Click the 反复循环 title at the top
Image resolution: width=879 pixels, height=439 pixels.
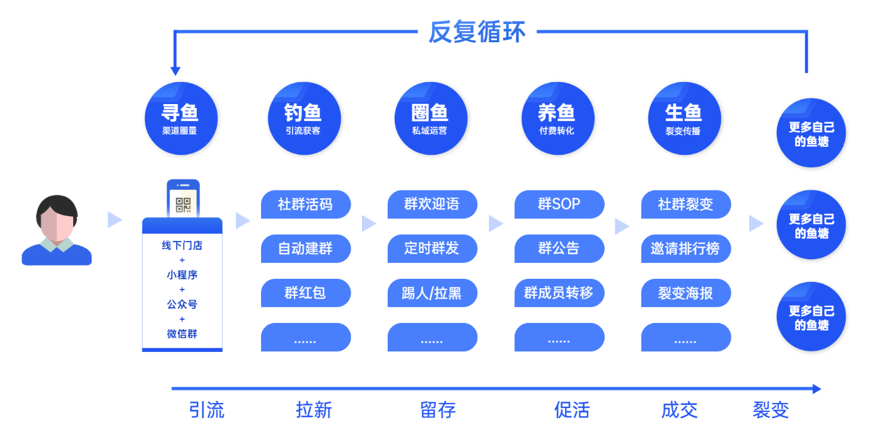click(477, 32)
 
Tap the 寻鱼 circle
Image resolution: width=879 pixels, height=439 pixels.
click(181, 119)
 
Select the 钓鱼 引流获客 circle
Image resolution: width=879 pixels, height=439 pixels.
click(304, 119)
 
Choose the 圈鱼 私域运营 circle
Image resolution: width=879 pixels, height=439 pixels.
click(431, 119)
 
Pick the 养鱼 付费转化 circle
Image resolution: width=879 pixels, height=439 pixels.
click(557, 119)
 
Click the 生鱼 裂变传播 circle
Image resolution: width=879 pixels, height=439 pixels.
click(684, 119)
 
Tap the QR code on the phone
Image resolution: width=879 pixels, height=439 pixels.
click(183, 205)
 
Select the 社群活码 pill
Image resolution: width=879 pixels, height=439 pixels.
click(306, 204)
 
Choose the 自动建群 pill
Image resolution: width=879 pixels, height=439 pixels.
click(306, 249)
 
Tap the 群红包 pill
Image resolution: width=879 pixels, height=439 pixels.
click(306, 293)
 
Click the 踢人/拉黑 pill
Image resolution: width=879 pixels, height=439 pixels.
click(432, 293)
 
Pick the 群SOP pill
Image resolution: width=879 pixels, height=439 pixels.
click(559, 204)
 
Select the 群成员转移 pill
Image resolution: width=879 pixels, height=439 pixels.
click(559, 293)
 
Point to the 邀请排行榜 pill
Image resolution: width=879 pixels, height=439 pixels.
click(686, 249)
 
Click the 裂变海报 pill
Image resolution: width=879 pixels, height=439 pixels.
click(686, 293)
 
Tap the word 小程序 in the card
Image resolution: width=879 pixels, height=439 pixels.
click(182, 275)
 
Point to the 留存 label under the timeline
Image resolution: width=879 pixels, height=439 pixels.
click(438, 410)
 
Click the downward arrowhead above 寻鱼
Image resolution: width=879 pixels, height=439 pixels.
click(175, 71)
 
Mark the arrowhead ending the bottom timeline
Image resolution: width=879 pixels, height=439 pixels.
click(817, 389)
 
